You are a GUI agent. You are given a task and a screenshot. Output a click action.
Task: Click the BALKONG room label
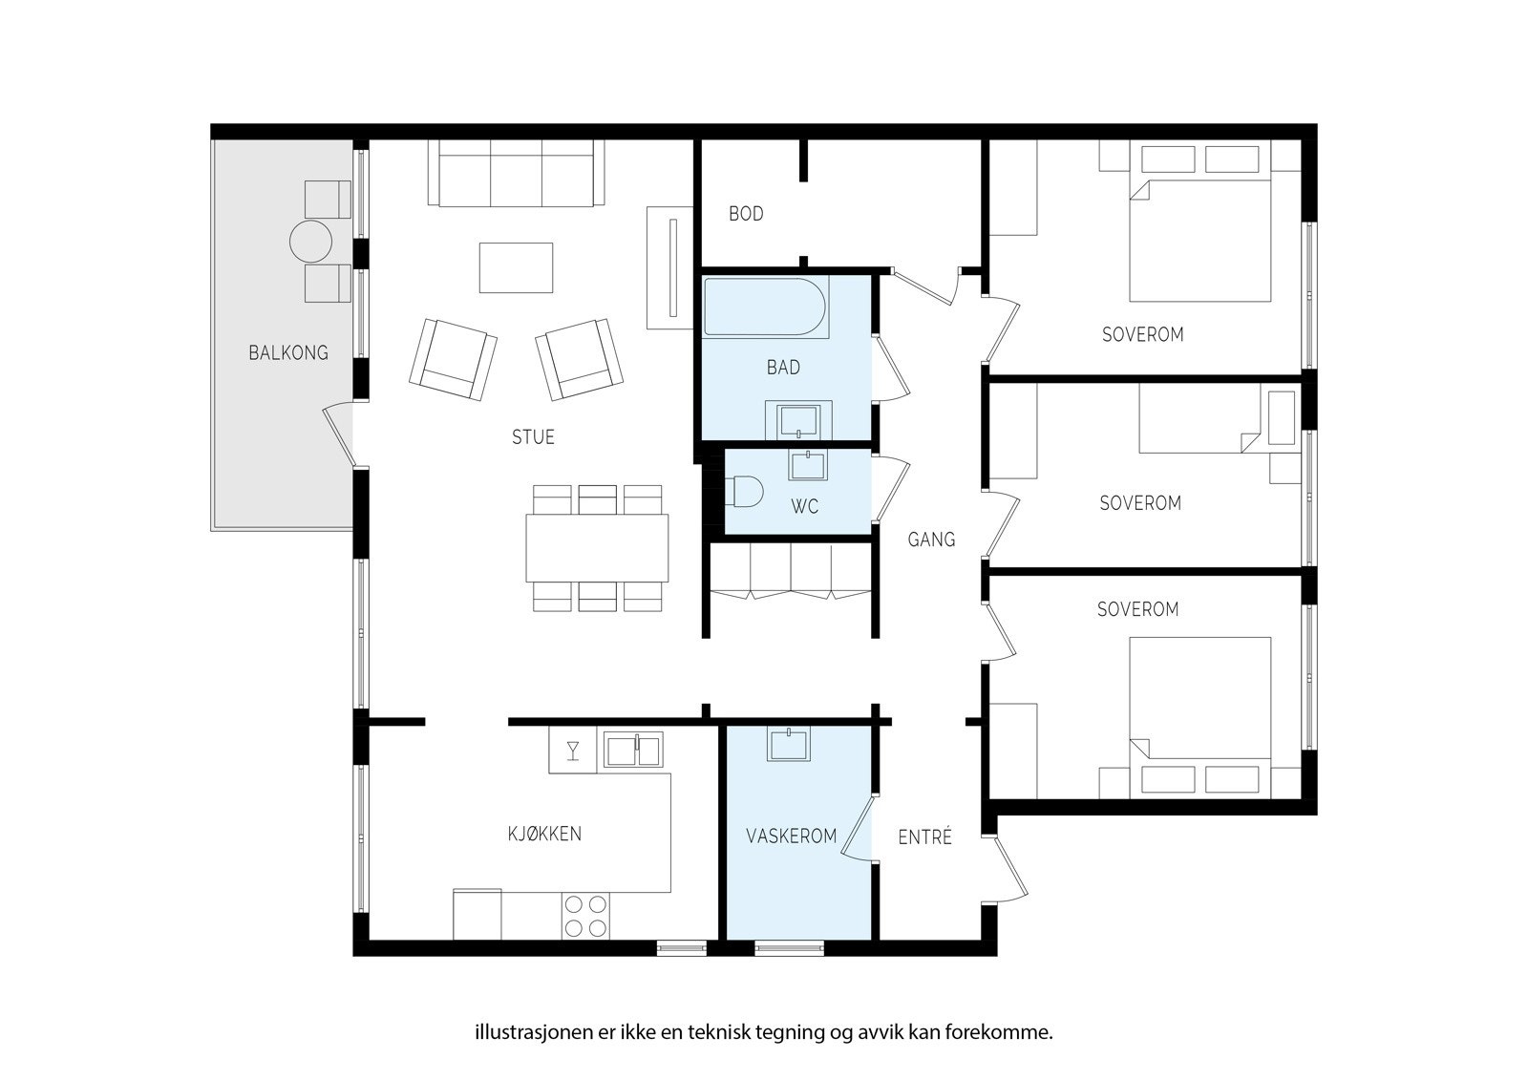287,352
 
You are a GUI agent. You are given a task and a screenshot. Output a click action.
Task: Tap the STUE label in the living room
533,436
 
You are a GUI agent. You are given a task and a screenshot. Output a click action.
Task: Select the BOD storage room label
746,214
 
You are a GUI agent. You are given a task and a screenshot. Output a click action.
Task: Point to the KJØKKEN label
544,833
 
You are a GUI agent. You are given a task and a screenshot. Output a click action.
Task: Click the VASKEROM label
792,836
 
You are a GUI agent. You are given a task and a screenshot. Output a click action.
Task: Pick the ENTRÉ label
924,836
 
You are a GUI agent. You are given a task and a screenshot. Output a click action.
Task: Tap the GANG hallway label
931,540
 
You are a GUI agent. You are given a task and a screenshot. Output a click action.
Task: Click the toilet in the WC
744,491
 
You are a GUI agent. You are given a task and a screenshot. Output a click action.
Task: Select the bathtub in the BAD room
765,307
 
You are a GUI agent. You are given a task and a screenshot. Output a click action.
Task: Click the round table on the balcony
310,242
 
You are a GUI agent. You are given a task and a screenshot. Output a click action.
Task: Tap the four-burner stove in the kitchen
586,917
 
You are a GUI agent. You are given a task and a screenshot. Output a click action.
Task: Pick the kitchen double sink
633,749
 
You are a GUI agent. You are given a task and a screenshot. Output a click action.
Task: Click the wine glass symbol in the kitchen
573,751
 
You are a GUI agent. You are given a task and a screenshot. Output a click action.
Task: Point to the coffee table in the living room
516,267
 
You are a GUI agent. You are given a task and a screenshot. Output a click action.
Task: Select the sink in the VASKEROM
789,744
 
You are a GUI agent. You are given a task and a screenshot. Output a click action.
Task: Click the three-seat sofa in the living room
516,173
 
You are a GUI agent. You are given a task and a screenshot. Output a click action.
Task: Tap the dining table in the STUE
597,548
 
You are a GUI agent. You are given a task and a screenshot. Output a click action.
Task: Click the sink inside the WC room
807,464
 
